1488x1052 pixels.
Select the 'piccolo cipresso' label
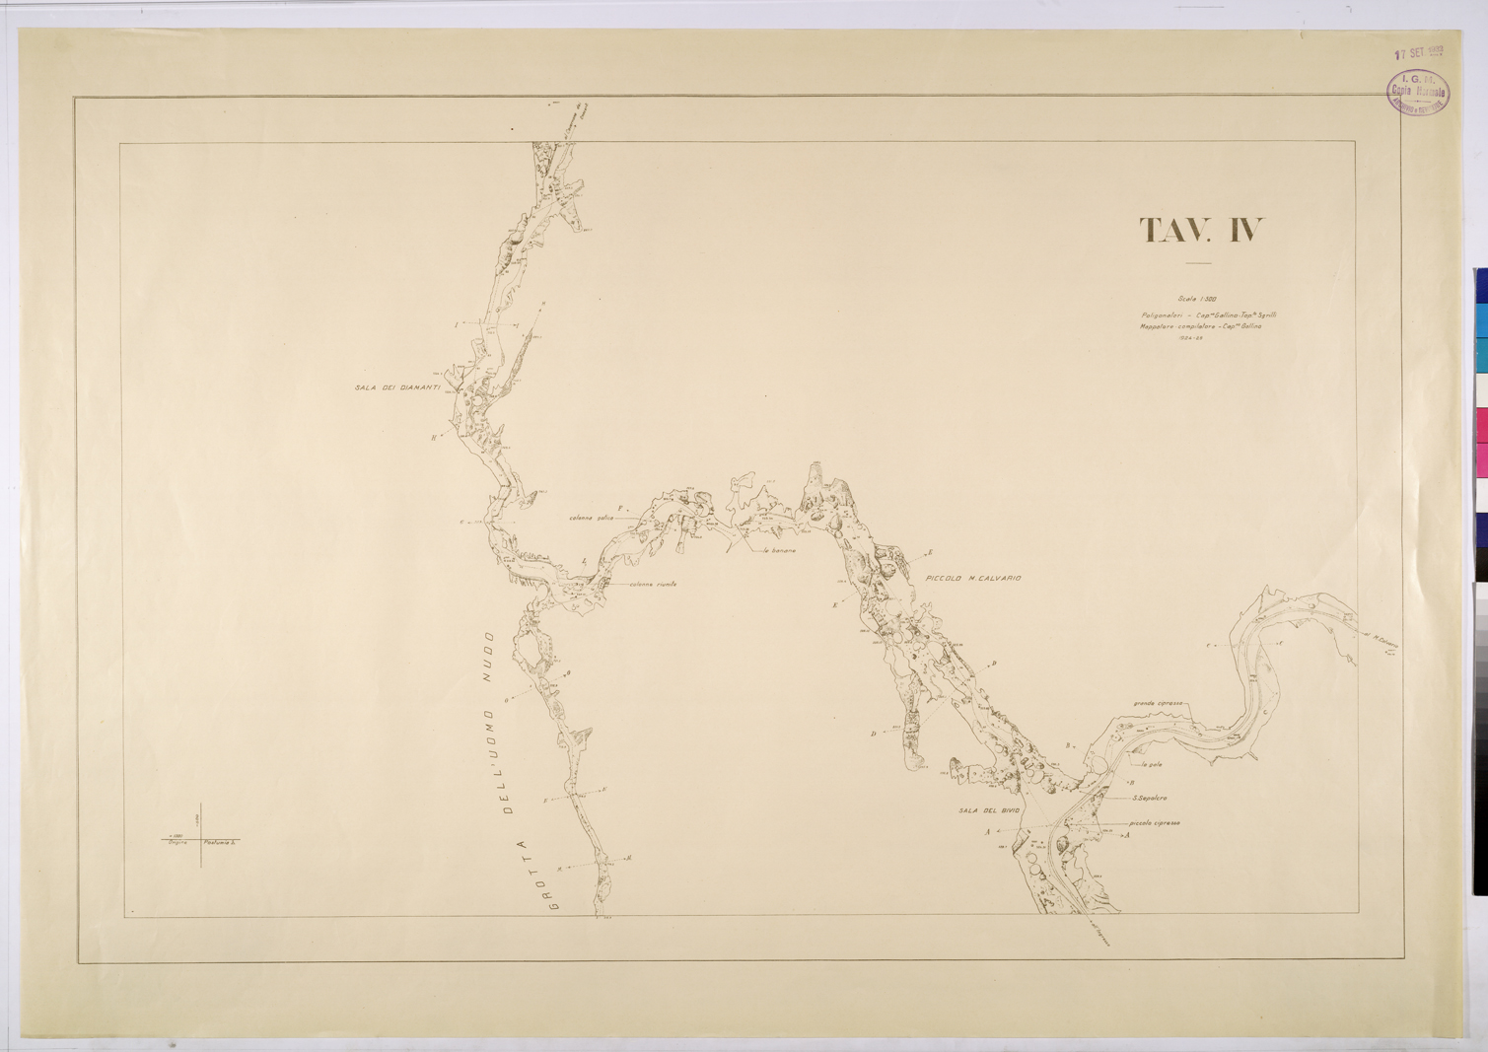pos(1156,823)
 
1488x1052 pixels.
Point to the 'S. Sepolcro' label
pos(1150,798)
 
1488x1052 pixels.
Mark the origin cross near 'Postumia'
pos(202,839)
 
